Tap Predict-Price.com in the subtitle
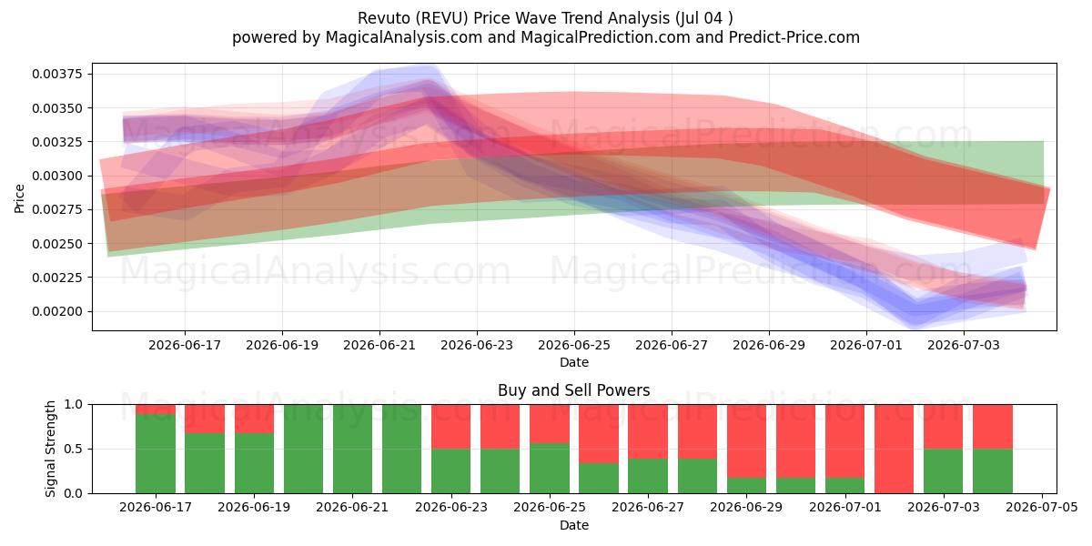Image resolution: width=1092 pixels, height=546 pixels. (x=794, y=37)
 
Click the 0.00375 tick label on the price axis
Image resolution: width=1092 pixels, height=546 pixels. (x=57, y=74)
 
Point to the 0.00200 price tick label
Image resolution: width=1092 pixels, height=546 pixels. (x=57, y=311)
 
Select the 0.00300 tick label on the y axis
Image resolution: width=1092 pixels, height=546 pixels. (x=57, y=176)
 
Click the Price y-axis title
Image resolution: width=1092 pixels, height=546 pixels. (x=19, y=198)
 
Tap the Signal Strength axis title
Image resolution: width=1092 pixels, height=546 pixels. (x=50, y=449)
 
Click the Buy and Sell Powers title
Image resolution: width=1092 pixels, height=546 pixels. (x=574, y=390)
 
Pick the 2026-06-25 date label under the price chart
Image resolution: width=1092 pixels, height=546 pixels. (x=574, y=345)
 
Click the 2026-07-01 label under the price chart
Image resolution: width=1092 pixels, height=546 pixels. (x=866, y=345)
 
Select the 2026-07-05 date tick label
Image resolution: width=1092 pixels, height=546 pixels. (x=1042, y=508)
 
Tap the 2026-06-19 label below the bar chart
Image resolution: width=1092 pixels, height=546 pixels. (x=254, y=508)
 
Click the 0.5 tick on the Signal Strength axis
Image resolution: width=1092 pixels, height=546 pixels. (x=73, y=449)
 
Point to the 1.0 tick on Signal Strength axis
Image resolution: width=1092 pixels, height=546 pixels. (x=73, y=405)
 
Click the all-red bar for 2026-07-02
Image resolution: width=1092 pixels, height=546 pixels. (x=894, y=449)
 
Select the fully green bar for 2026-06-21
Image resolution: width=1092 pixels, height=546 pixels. (x=352, y=449)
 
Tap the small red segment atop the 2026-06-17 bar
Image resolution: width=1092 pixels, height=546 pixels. (x=156, y=409)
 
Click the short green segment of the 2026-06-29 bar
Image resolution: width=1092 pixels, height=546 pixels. (x=746, y=486)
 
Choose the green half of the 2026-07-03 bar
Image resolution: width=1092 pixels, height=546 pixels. (x=944, y=471)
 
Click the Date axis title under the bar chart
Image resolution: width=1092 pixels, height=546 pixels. (x=574, y=526)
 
